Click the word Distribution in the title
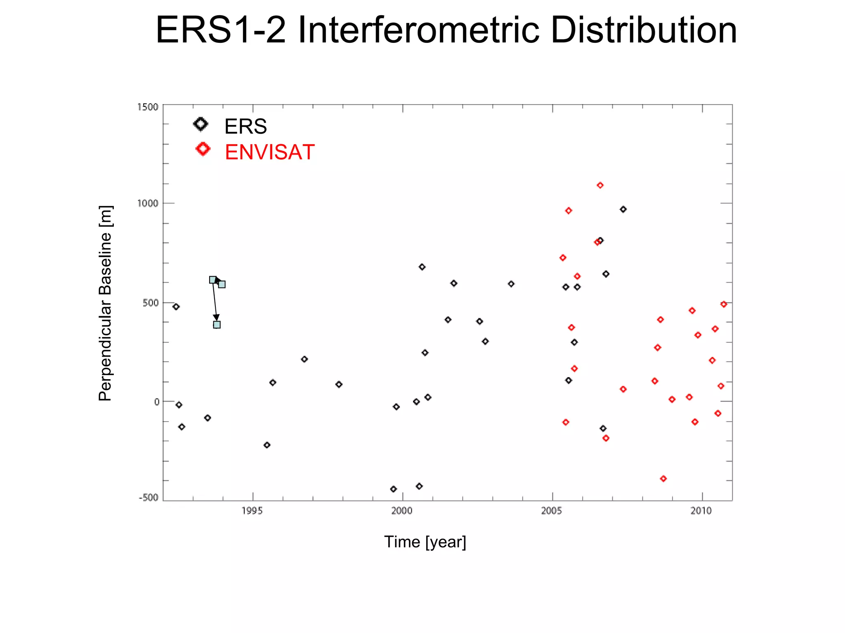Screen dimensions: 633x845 (644, 30)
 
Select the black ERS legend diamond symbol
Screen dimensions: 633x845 (201, 124)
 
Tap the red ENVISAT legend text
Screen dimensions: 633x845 (269, 152)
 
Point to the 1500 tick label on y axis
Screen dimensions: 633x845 (148, 107)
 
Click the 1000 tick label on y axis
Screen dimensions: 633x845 (148, 203)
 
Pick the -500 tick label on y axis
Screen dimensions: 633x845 (149, 497)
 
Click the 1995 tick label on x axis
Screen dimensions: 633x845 (252, 511)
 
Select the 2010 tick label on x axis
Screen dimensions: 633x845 (701, 511)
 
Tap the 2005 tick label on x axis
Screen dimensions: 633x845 (552, 511)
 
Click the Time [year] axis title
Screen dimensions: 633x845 (425, 542)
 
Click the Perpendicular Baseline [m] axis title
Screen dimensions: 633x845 (105, 303)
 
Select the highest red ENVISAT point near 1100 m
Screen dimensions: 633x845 (600, 185)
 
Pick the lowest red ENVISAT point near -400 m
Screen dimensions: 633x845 (663, 478)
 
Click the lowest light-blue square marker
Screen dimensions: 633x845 (217, 325)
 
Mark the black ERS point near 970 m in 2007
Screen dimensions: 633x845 (623, 209)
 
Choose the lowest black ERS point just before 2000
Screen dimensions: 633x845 (393, 489)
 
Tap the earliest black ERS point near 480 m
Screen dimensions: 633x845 (176, 307)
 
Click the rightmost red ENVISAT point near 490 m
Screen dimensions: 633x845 (724, 304)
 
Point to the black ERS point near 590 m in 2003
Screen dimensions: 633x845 (511, 284)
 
